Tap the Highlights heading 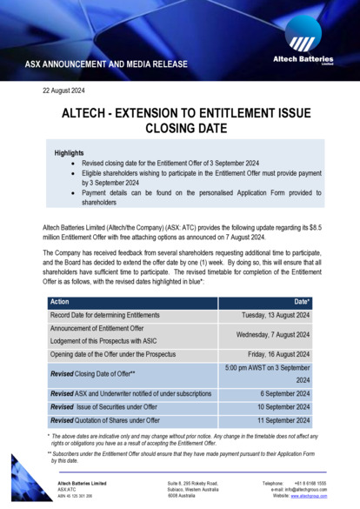(x=69, y=152)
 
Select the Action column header (x=62, y=302)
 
